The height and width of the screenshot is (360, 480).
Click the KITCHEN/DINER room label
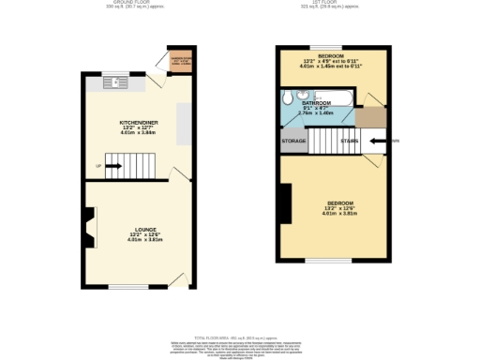point(138,123)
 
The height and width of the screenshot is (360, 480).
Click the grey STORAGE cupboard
point(293,142)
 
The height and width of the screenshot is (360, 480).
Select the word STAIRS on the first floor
point(349,142)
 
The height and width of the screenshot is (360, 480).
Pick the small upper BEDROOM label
point(329,57)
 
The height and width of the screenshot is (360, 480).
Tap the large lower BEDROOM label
point(339,203)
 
